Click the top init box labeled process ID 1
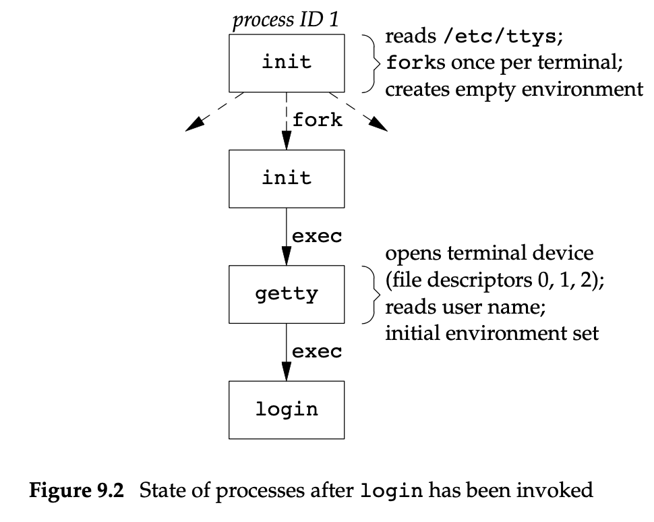pyautogui.click(x=287, y=63)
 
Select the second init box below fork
pyautogui.click(x=287, y=178)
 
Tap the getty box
pyautogui.click(x=287, y=294)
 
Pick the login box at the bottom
pyautogui.click(x=287, y=409)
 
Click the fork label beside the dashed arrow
pyautogui.click(x=317, y=121)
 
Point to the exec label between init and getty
pyautogui.click(x=317, y=237)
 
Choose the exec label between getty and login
pyautogui.click(x=317, y=351)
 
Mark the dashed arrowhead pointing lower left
pyautogui.click(x=195, y=124)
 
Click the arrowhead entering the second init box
pyautogui.click(x=287, y=140)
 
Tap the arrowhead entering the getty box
pyautogui.click(x=287, y=256)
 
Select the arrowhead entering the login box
pyautogui.click(x=287, y=372)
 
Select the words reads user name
pyautogui.click(x=465, y=308)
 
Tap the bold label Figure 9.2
pyautogui.click(x=76, y=490)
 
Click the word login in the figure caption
pyautogui.click(x=392, y=491)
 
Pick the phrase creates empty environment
pyautogui.click(x=514, y=88)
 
